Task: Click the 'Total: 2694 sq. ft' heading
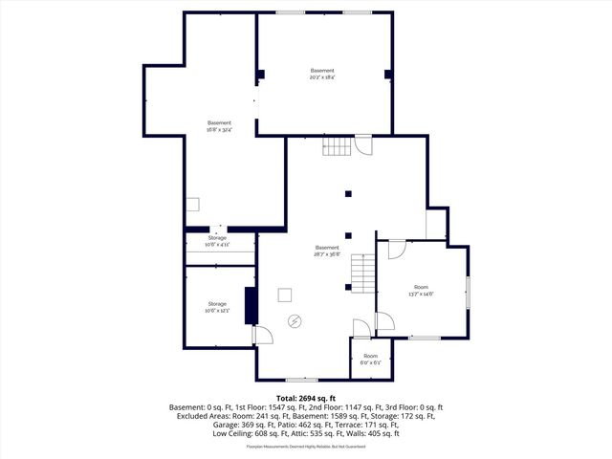click(x=306, y=398)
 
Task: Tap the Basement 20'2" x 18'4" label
click(x=322, y=75)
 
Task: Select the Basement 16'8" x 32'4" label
click(x=219, y=126)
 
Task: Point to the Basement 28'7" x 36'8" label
click(x=327, y=251)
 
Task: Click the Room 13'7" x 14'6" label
click(x=421, y=291)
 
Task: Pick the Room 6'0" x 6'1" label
click(x=370, y=359)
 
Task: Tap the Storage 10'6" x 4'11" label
click(x=217, y=241)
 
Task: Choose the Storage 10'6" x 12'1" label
click(x=217, y=307)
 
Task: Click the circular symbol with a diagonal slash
click(x=295, y=320)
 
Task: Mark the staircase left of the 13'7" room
click(x=362, y=275)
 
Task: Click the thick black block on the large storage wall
click(x=251, y=306)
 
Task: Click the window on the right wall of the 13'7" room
click(x=468, y=292)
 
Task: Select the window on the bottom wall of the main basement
click(x=301, y=380)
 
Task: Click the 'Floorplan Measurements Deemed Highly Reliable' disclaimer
click(x=306, y=447)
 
